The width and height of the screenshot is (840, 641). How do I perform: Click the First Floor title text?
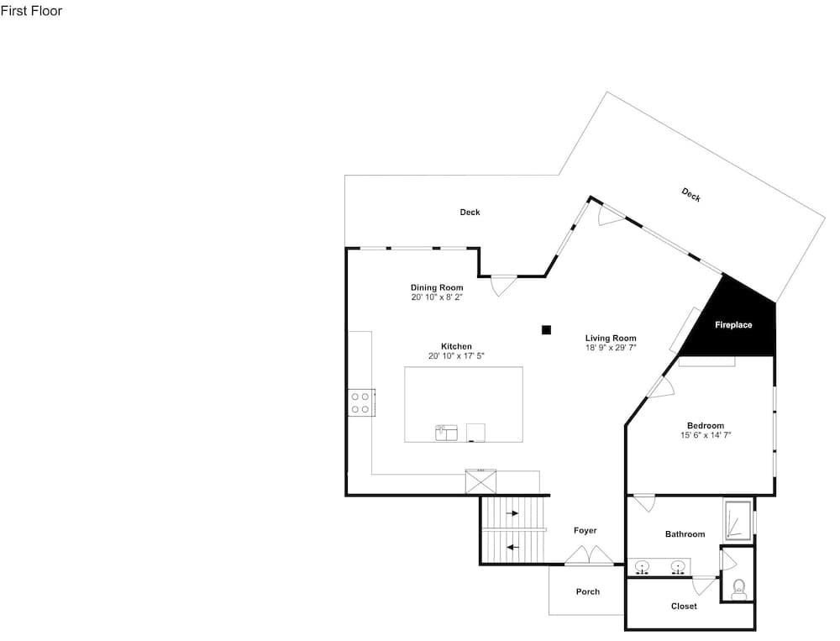click(x=31, y=11)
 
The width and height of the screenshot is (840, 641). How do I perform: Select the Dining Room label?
click(x=437, y=288)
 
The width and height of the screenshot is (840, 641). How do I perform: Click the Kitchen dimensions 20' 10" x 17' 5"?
click(x=456, y=356)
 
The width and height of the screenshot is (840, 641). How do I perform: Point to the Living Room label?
click(x=611, y=339)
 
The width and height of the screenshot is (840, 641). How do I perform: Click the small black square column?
click(x=546, y=329)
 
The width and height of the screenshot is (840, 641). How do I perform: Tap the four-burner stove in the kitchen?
click(x=361, y=402)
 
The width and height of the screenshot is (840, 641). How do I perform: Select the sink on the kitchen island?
click(x=446, y=433)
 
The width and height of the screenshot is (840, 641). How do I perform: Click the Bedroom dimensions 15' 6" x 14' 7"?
click(x=706, y=435)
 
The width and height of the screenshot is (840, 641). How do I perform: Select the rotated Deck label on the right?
click(x=691, y=195)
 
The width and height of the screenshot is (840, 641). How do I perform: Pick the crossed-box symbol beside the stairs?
click(x=480, y=481)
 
